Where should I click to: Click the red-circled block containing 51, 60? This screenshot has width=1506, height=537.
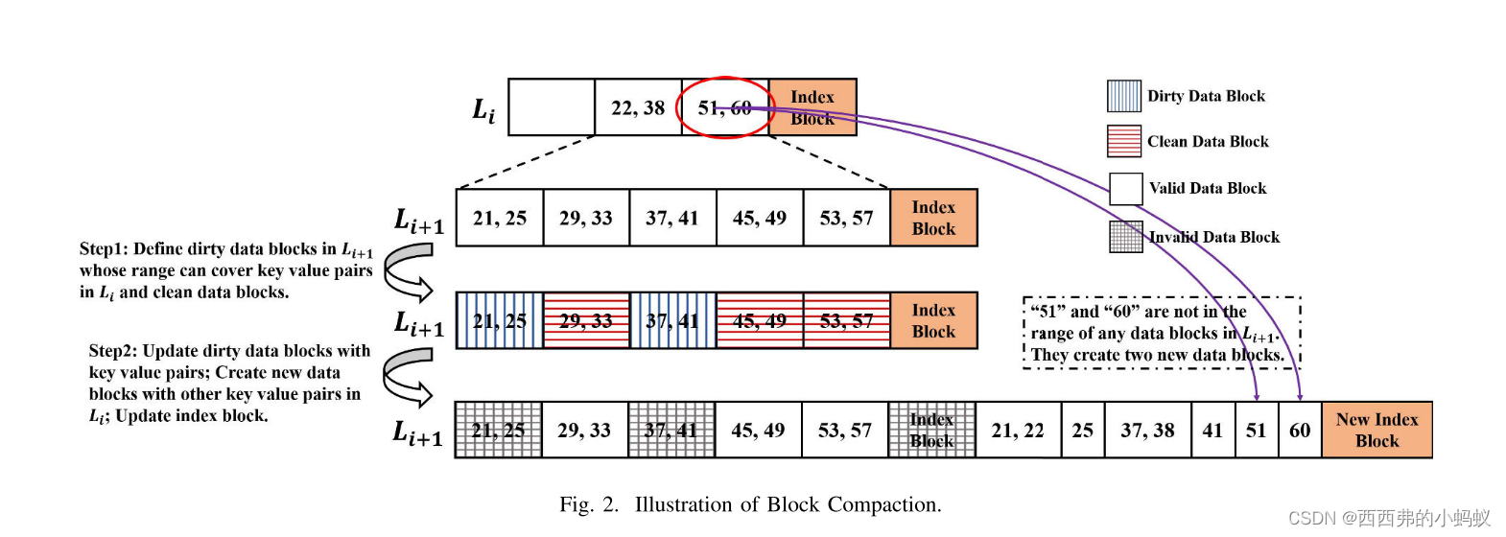click(x=724, y=107)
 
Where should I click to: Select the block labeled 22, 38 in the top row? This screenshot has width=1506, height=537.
click(x=638, y=107)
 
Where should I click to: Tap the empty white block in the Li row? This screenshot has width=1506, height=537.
click(x=552, y=107)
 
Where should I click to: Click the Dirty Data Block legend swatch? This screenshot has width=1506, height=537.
click(x=1123, y=96)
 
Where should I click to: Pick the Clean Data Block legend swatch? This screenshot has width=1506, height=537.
click(x=1123, y=141)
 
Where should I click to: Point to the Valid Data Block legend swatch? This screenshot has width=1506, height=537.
click(x=1125, y=188)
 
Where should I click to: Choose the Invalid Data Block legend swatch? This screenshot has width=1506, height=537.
click(x=1125, y=236)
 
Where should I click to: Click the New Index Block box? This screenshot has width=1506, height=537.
click(x=1377, y=431)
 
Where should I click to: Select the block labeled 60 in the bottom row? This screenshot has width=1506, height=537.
click(x=1300, y=431)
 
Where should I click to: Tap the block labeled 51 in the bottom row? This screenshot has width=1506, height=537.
click(x=1256, y=431)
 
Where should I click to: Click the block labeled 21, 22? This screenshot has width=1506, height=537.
click(x=1018, y=431)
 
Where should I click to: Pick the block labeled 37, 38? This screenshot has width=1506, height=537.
click(x=1147, y=431)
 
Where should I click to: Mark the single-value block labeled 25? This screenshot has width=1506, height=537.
click(x=1082, y=431)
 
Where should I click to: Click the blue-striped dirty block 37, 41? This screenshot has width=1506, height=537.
click(x=672, y=320)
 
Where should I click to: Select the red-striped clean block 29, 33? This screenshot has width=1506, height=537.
click(x=586, y=320)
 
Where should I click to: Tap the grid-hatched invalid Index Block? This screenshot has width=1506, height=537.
click(x=931, y=431)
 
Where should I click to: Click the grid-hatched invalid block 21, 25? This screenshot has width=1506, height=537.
click(x=498, y=431)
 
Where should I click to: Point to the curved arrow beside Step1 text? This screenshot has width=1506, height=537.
click(x=408, y=271)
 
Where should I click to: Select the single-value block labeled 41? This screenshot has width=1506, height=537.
click(x=1212, y=431)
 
